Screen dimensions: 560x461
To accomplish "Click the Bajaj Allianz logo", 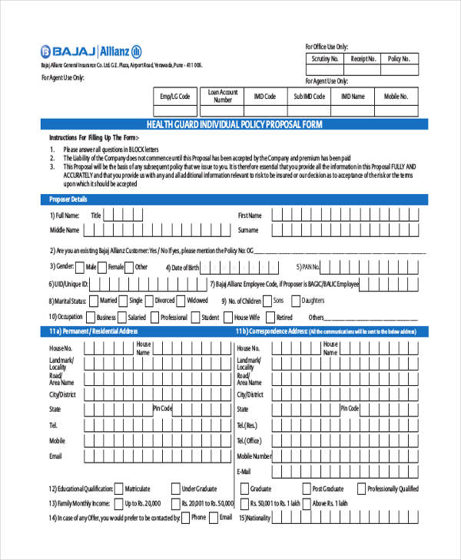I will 91,51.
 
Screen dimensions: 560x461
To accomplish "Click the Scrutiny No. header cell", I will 324,58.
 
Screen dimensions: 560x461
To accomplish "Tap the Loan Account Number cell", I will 223,96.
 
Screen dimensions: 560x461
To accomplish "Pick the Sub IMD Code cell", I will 309,96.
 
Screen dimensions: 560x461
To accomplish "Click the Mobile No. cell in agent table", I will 396,96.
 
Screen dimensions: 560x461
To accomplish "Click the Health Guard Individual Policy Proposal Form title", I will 234,124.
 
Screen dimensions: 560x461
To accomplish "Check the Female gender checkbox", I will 129,267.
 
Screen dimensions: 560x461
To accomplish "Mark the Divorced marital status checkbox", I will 148,301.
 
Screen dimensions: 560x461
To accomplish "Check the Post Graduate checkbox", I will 304,489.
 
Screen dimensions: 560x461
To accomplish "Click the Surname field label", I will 248,229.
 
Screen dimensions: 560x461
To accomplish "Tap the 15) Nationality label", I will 255,518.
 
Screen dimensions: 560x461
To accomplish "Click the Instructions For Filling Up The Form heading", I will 94,137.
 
